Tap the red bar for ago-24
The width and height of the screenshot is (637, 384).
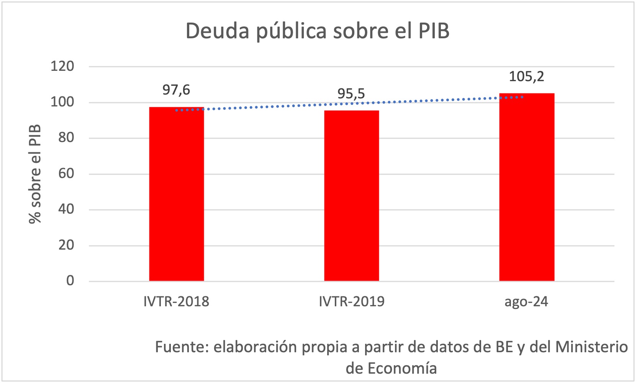[x=527, y=187]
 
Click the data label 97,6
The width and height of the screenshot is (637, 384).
[x=176, y=90]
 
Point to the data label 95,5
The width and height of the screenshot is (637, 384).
[x=351, y=94]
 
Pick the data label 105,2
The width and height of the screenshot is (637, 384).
[x=526, y=77]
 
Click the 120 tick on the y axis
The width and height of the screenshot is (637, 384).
[x=62, y=66]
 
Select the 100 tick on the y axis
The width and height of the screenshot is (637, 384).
[x=62, y=102]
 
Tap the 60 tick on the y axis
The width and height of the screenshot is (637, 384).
[x=66, y=174]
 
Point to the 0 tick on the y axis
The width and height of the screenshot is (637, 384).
[x=70, y=281]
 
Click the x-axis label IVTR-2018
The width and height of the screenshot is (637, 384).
[x=176, y=302]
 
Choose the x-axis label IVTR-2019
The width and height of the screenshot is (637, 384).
[x=352, y=302]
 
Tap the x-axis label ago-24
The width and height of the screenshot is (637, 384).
[x=526, y=302]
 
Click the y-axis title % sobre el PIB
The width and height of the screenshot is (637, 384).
[x=35, y=174]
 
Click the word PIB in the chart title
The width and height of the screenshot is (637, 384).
[x=434, y=31]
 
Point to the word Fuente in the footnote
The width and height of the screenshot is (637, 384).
[x=182, y=347]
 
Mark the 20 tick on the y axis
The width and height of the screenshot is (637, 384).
[x=66, y=245]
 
